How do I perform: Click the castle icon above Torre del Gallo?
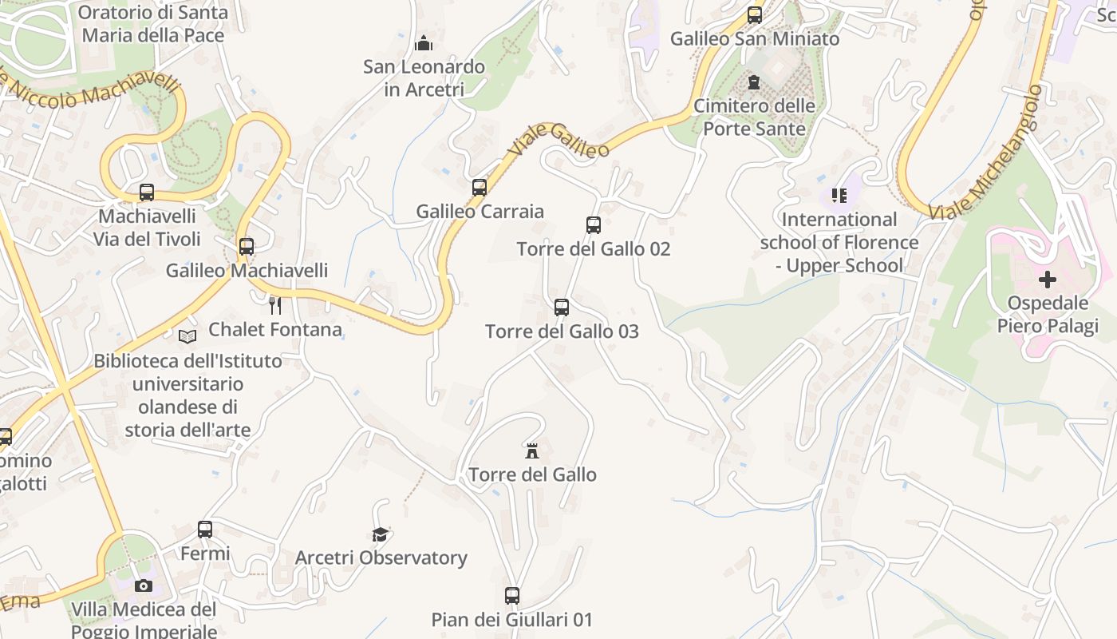[x=532, y=451]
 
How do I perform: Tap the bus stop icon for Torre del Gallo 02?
[x=593, y=225]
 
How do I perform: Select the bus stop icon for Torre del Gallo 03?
[x=562, y=308]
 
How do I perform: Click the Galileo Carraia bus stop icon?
[x=480, y=188]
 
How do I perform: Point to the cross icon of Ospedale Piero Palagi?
[x=1048, y=280]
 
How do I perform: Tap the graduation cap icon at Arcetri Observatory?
[x=381, y=534]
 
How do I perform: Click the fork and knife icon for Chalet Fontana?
[x=275, y=305]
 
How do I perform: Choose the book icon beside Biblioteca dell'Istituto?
[x=187, y=336]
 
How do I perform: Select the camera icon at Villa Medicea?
[x=144, y=586]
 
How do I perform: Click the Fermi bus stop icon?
[x=205, y=529]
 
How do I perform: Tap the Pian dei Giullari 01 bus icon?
[x=512, y=596]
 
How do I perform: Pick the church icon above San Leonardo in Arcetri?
[x=424, y=42]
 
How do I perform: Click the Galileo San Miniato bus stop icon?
[x=754, y=14]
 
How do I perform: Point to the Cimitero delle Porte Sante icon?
[x=753, y=82]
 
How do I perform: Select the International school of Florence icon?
[x=839, y=195]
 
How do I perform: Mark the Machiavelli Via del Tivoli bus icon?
[x=147, y=192]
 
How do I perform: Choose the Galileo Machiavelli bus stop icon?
[x=247, y=247]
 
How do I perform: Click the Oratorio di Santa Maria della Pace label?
[x=153, y=24]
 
